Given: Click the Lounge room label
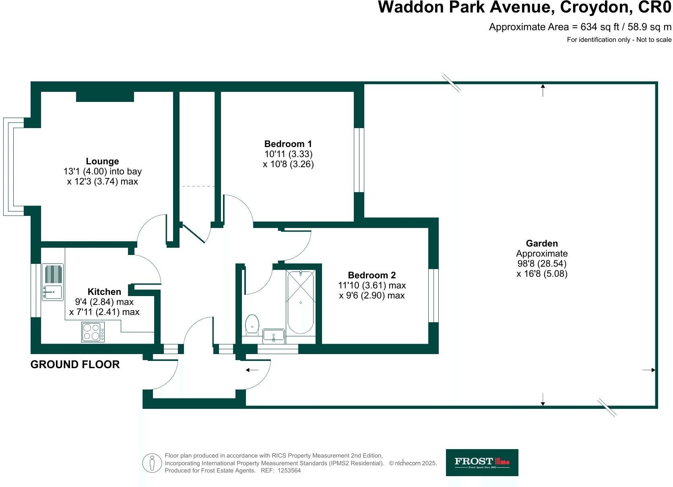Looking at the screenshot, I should pyautogui.click(x=102, y=162).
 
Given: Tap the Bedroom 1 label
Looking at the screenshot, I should pyautogui.click(x=288, y=144).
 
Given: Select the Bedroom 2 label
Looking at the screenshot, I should pyautogui.click(x=372, y=275).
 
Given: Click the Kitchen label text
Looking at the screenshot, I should pyautogui.click(x=104, y=292).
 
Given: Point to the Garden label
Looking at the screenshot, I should pyautogui.click(x=542, y=243).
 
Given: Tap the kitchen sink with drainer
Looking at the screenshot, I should pyautogui.click(x=53, y=282).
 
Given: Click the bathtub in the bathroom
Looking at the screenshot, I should pyautogui.click(x=300, y=302).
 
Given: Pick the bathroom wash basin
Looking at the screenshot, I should pyautogui.click(x=274, y=336).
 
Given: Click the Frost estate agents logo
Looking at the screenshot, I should pyautogui.click(x=482, y=462).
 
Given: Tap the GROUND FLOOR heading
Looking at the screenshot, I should pyautogui.click(x=75, y=365).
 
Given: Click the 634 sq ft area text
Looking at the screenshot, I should pyautogui.click(x=580, y=27).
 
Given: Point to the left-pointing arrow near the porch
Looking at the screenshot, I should pyautogui.click(x=252, y=369).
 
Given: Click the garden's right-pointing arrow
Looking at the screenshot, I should pyautogui.click(x=649, y=370).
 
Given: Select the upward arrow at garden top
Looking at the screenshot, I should pyautogui.click(x=543, y=90).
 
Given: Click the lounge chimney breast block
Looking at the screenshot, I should pyautogui.click(x=105, y=96).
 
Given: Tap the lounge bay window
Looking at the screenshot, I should pyautogui.click(x=9, y=167).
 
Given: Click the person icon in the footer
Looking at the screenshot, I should pyautogui.click(x=152, y=463).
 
